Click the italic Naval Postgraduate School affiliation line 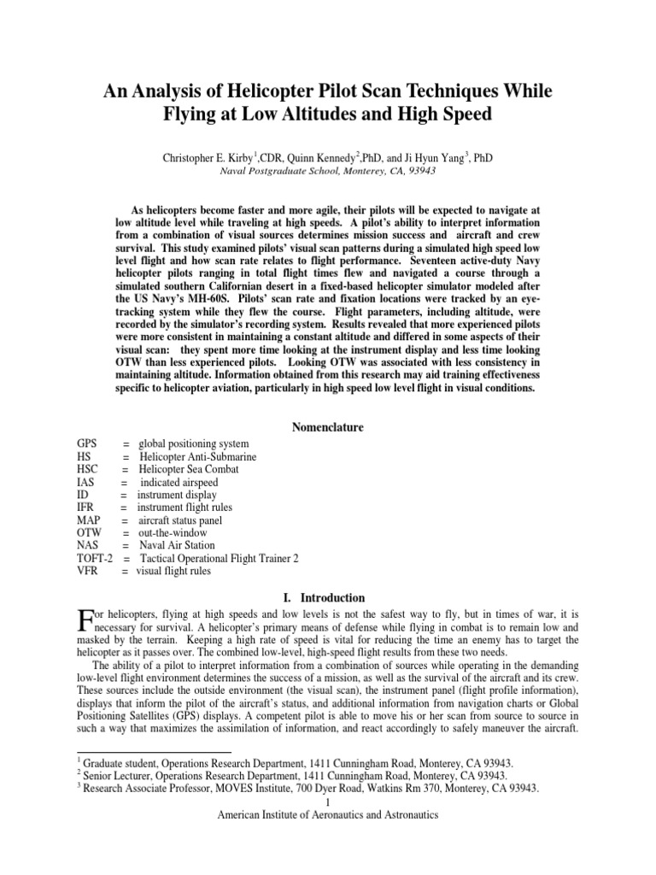tap(327, 171)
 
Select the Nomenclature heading tap(327, 426)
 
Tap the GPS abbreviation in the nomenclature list tap(87, 443)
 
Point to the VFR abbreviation tap(88, 571)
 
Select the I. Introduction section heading tap(327, 597)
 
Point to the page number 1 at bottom tap(327, 802)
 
